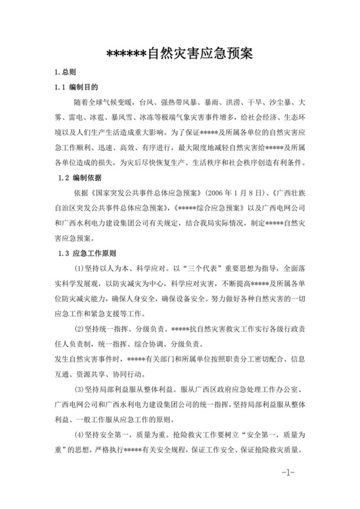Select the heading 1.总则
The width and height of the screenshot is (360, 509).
click(66, 72)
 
